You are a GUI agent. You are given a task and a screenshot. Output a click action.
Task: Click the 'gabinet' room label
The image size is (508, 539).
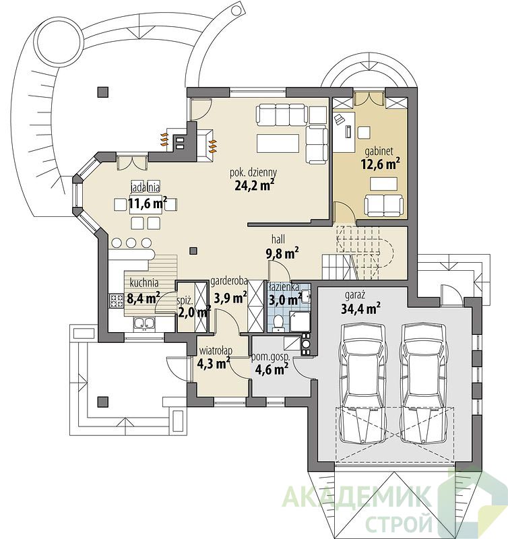point(379,151)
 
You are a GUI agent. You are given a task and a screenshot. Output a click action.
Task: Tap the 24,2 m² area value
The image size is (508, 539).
point(255,185)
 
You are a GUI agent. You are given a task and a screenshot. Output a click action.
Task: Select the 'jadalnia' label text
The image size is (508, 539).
point(145,188)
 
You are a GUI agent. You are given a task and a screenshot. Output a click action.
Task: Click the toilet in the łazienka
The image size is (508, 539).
point(278,323)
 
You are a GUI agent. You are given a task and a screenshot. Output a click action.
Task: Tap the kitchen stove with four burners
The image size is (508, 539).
point(117,300)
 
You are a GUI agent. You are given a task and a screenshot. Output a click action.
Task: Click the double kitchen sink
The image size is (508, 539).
point(144,324)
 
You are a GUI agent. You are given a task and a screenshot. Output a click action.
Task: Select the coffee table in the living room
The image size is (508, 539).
point(278,143)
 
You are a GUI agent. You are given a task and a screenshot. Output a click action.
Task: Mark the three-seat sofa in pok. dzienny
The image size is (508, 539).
point(281,115)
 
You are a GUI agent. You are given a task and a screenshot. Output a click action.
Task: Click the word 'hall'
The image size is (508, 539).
point(278,239)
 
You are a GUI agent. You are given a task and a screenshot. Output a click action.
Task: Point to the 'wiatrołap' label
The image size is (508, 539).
point(216,350)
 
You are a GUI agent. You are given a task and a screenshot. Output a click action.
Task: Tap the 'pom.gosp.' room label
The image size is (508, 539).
point(271,357)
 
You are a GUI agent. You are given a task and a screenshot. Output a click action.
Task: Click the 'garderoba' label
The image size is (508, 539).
point(229,282)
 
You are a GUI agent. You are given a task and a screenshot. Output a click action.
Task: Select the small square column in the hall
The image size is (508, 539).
point(193,251)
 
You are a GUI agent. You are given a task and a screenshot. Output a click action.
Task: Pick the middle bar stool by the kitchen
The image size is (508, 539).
point(131,243)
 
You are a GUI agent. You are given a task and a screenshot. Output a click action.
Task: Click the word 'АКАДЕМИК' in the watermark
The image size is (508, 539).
point(356,497)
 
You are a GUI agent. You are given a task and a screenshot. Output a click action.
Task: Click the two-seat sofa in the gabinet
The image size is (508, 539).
point(383,205)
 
